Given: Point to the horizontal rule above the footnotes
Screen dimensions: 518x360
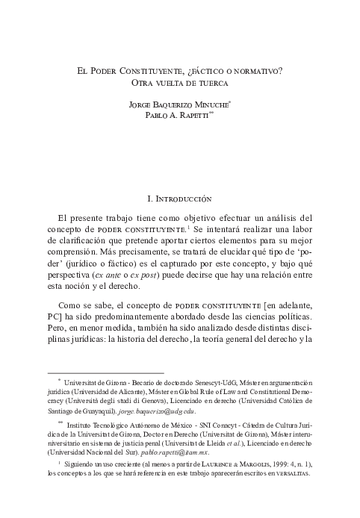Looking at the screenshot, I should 105,372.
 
